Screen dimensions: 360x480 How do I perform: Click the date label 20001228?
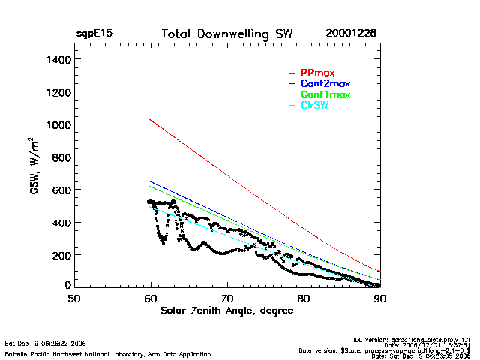(351, 34)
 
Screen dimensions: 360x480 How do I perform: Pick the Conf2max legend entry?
(325, 84)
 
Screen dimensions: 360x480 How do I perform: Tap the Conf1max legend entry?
(325, 95)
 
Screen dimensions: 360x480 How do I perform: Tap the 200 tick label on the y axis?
(60, 255)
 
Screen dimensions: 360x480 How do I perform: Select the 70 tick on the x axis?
(227, 298)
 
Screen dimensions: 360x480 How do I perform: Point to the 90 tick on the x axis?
(380, 298)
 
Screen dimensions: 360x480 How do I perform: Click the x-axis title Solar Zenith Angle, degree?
(226, 311)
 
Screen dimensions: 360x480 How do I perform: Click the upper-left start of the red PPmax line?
(149, 118)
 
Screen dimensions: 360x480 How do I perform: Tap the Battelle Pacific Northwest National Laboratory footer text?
(108, 353)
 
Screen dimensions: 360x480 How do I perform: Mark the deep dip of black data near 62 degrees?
(163, 241)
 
